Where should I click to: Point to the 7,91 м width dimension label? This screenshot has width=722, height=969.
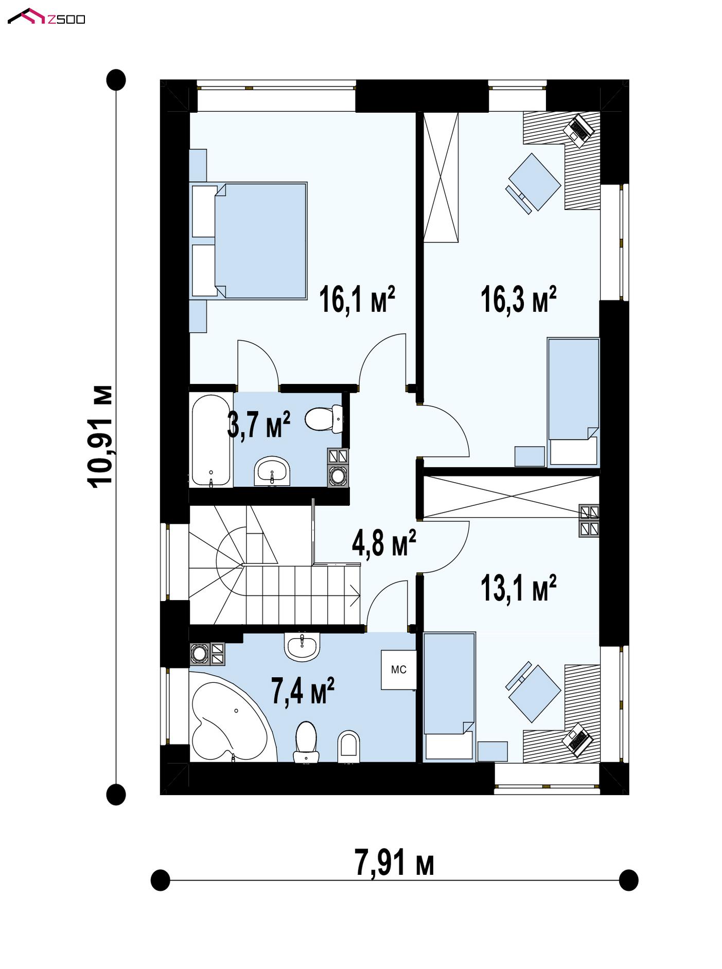tap(394, 862)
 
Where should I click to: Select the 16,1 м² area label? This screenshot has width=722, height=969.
tap(357, 299)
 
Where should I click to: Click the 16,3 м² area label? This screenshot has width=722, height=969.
tap(519, 299)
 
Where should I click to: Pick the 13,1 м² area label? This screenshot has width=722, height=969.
tap(519, 588)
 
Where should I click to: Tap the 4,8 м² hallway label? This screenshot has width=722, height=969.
tap(384, 543)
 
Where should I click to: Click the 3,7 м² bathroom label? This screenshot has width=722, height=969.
tap(258, 425)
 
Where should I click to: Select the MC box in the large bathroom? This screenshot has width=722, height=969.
tap(398, 670)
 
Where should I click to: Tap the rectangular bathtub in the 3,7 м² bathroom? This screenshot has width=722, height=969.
tap(211, 440)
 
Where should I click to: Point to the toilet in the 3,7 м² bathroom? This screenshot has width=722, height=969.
tap(324, 418)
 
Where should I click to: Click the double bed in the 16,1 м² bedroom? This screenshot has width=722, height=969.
tap(249, 240)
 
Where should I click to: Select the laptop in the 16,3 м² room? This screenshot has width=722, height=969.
tap(579, 130)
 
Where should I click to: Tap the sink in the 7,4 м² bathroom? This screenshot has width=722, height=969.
tap(302, 646)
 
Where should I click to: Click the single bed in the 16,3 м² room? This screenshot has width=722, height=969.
tap(573, 402)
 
